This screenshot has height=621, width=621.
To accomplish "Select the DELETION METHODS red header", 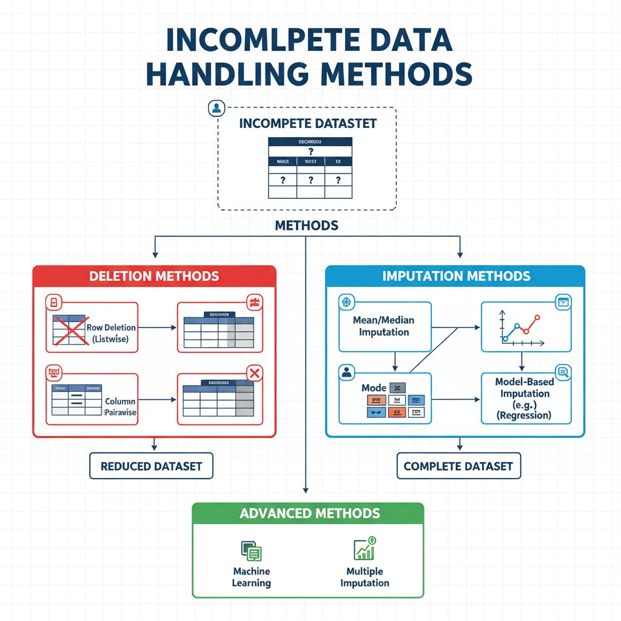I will pyautogui.click(x=154, y=277).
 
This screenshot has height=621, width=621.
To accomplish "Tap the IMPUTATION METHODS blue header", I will pyautogui.click(x=456, y=277).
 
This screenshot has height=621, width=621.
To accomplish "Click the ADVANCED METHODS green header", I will pyautogui.click(x=309, y=514).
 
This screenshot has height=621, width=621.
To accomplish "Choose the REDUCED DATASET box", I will pyautogui.click(x=152, y=466).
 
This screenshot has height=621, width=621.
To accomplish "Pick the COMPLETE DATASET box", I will pyautogui.click(x=458, y=466).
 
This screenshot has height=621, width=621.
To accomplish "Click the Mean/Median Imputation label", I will pyautogui.click(x=384, y=326).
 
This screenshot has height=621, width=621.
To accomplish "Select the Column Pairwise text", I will pyautogui.click(x=120, y=406).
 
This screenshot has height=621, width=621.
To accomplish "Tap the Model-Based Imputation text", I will pyautogui.click(x=525, y=398).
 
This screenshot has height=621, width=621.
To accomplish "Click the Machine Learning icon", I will pyautogui.click(x=251, y=551).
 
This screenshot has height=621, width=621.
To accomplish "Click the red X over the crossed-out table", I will pyautogui.click(x=68, y=331).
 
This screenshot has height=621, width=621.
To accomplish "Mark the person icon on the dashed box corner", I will pyautogui.click(x=216, y=109).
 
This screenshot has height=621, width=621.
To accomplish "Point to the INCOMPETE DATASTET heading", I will pyautogui.click(x=308, y=124).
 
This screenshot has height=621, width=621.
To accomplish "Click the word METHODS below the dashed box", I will pyautogui.click(x=306, y=226).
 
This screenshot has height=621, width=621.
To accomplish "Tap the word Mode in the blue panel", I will pyautogui.click(x=374, y=388).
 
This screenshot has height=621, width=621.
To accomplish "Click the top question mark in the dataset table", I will pyautogui.click(x=310, y=152).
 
